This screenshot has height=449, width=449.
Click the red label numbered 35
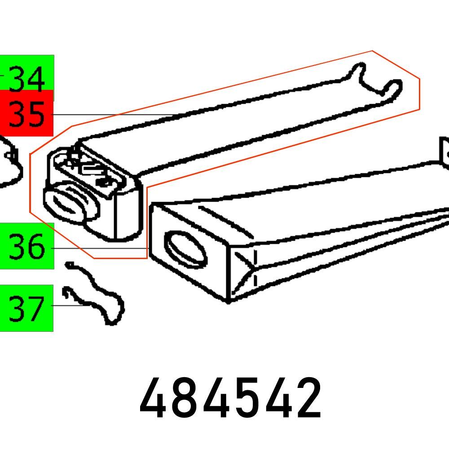pos(27,114)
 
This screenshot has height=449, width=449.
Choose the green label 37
pos(27,308)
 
